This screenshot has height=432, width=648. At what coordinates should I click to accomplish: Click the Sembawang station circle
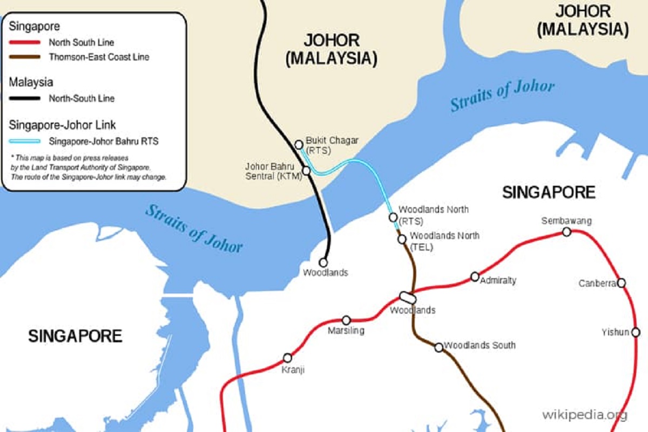point(566,232)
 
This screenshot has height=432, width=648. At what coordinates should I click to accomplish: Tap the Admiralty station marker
point(475,276)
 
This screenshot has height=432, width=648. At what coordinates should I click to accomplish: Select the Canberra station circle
point(622,282)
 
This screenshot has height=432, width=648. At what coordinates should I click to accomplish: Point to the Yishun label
point(615,332)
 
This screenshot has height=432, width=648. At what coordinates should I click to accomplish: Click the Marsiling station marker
point(346,320)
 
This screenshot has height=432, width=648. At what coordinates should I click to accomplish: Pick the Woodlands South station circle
point(438,347)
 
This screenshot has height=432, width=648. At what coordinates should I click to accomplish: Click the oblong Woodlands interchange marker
point(407,298)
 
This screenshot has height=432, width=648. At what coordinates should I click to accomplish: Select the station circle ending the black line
point(324,261)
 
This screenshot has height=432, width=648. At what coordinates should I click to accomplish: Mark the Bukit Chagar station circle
point(299,144)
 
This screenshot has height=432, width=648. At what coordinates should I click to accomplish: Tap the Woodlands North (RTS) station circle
point(393,217)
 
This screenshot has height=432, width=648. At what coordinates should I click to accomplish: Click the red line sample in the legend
point(24,42)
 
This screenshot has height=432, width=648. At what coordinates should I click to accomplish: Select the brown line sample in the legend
point(24,57)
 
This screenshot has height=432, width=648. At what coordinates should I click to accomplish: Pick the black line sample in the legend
point(24,98)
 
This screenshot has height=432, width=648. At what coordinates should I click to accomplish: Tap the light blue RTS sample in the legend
point(24,141)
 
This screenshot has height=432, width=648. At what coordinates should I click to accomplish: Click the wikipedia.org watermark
point(585,415)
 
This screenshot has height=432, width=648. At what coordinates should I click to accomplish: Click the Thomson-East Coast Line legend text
point(99,57)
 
